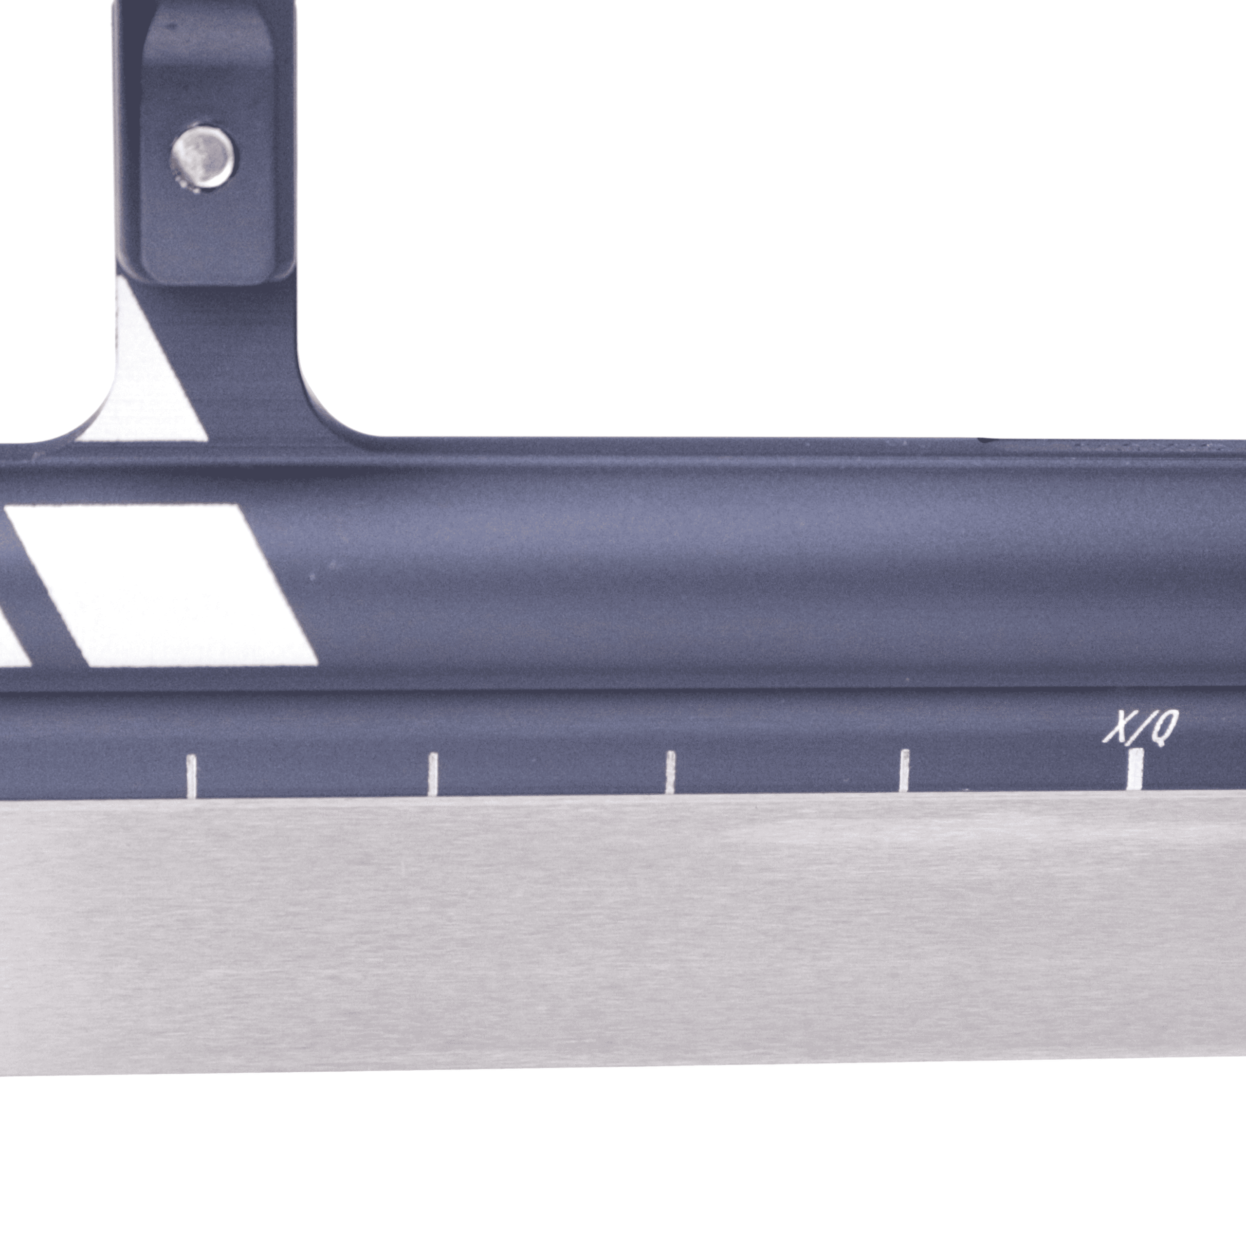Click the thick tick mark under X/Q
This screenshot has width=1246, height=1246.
pos(1135,768)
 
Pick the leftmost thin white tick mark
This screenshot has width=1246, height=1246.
pos(191,776)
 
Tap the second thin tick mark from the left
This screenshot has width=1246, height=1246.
pos(433,773)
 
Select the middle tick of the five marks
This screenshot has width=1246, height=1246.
pos(670,771)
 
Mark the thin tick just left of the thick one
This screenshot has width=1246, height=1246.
pos(904,770)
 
